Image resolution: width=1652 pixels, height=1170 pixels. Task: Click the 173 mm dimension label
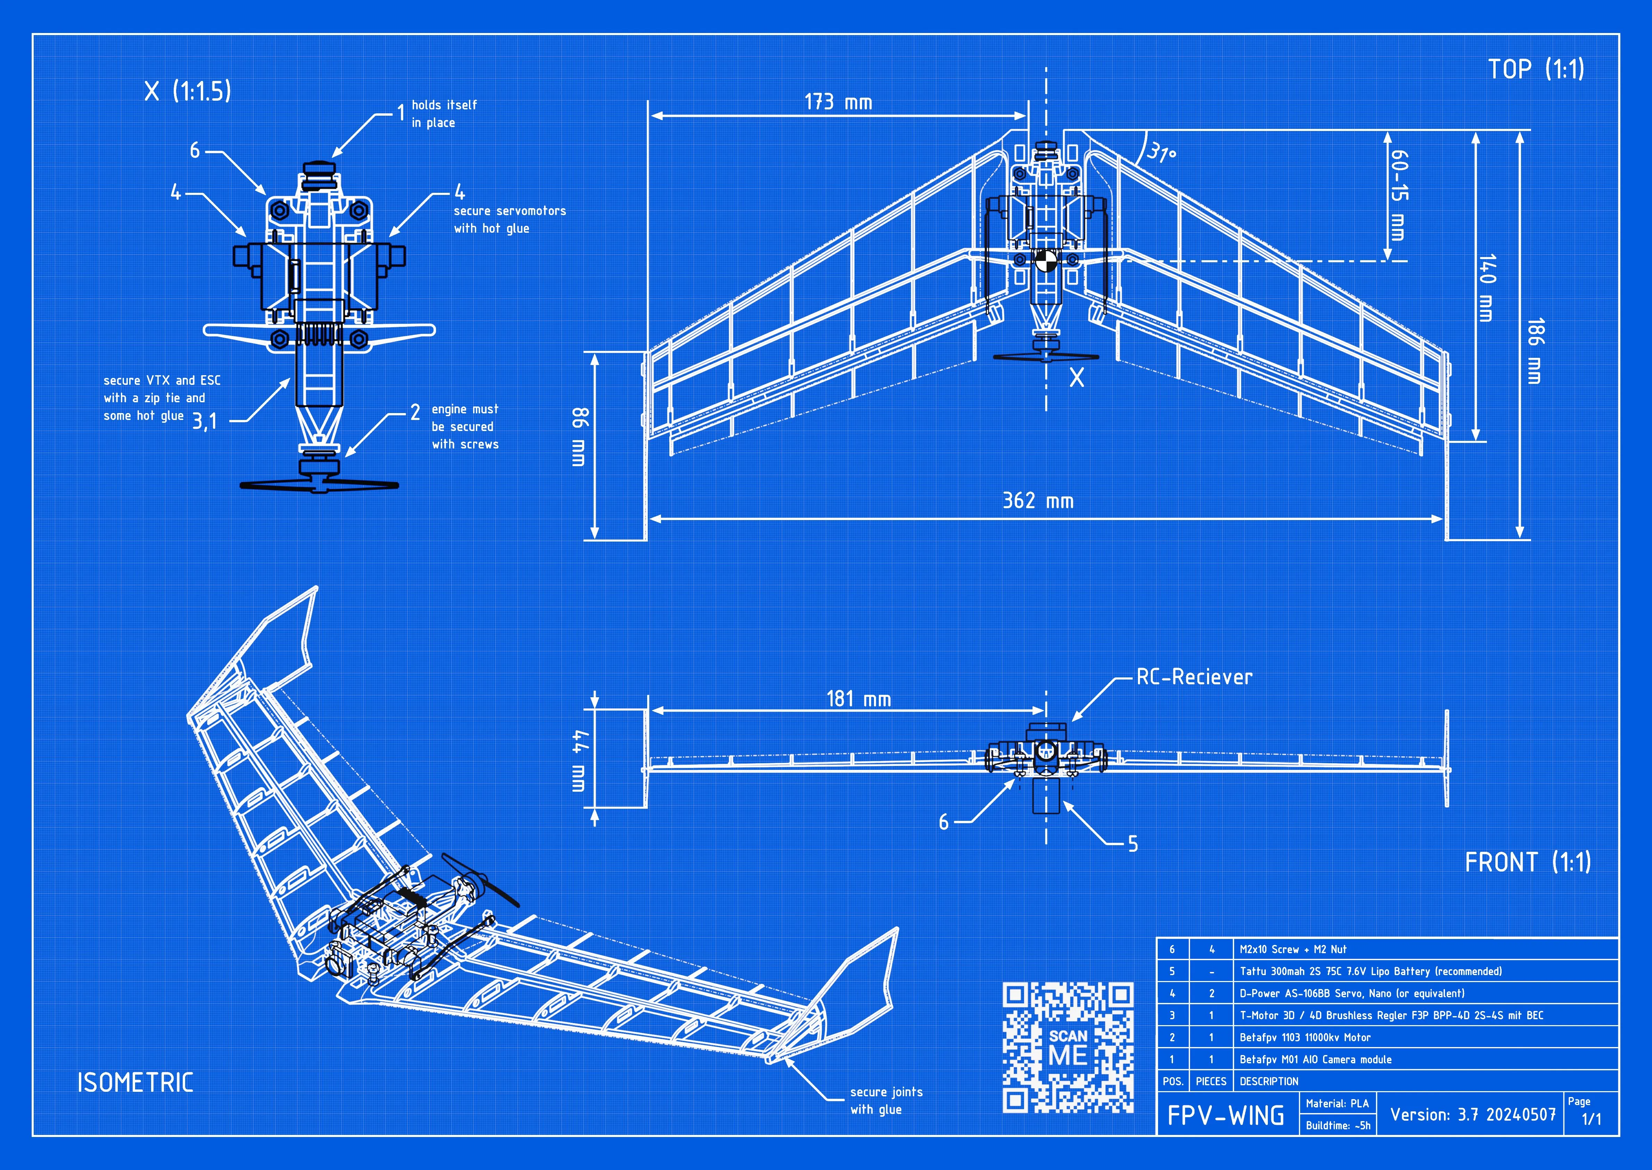838,102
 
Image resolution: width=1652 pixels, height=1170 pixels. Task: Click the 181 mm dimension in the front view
858,699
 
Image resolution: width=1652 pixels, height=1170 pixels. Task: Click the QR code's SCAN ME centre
1068,1047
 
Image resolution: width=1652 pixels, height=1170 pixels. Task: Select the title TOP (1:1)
1536,69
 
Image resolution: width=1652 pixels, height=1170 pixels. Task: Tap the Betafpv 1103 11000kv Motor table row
1305,1037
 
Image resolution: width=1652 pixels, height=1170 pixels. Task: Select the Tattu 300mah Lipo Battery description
1370,971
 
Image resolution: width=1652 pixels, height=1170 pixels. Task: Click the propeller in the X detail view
319,485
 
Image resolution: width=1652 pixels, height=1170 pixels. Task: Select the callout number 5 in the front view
1133,844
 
